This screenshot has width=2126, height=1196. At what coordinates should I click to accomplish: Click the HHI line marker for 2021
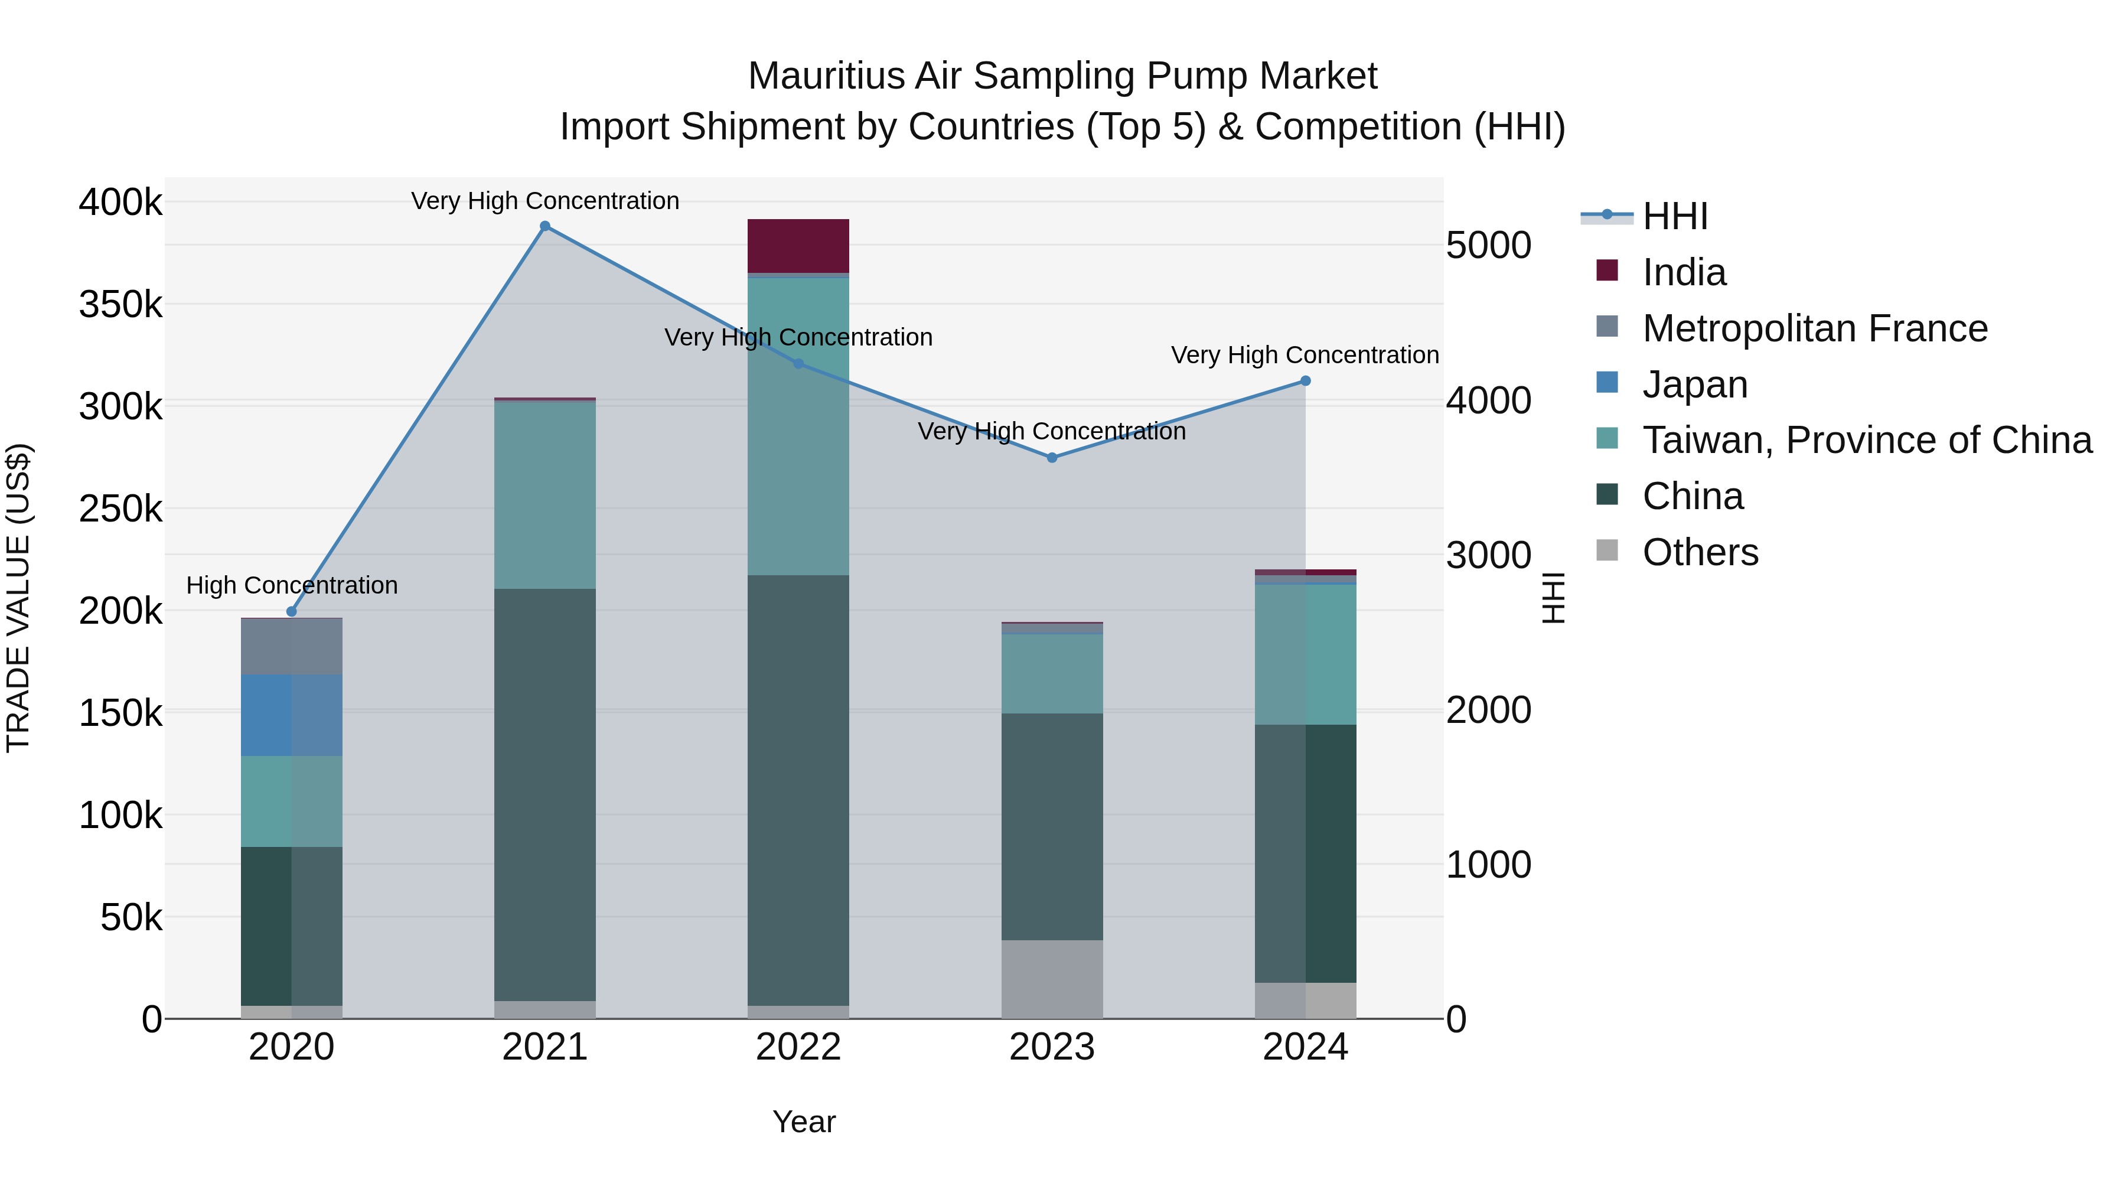click(x=544, y=226)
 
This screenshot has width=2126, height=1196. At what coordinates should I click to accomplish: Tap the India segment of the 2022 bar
click(x=798, y=245)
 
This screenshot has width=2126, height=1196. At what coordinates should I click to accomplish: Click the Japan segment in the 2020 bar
click(x=291, y=715)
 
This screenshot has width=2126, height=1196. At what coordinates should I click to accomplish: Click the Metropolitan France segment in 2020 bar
click(x=291, y=646)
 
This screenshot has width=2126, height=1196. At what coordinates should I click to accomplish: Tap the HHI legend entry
click(x=1675, y=216)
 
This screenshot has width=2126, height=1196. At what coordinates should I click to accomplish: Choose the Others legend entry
click(x=1700, y=552)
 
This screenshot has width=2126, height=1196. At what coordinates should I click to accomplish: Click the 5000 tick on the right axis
click(x=1488, y=245)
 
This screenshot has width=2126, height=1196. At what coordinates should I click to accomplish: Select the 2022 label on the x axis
click(x=798, y=1047)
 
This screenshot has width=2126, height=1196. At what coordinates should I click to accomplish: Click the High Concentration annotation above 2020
click(x=291, y=585)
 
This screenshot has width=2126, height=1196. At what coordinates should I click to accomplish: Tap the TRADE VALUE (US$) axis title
click(x=18, y=598)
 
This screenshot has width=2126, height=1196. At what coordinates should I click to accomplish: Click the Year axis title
click(x=804, y=1122)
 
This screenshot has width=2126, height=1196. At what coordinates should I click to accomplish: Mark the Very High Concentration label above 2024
click(x=1304, y=355)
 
